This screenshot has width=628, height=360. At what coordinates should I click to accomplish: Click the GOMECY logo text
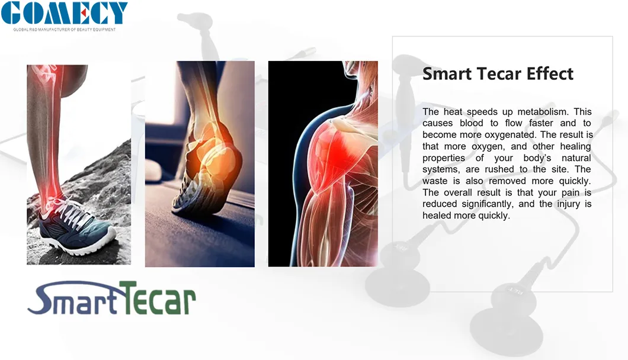64,13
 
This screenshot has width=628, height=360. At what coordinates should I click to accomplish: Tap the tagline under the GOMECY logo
65,29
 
